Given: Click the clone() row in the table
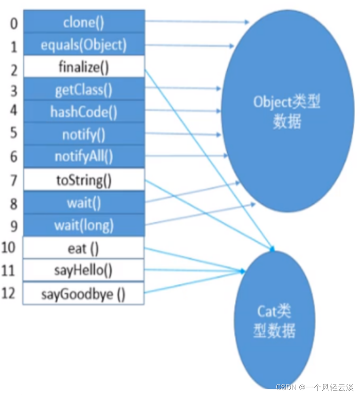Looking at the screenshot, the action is (84, 21).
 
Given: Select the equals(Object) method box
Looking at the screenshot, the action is (84, 44).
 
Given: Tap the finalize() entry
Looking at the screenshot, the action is (84, 66).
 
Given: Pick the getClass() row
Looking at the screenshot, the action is (84, 89).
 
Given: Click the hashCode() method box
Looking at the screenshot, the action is (84, 111).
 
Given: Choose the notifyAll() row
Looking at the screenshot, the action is (84, 156).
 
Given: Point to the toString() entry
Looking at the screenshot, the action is (84, 180).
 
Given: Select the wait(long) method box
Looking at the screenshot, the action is (84, 225).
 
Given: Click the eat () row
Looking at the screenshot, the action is (83, 247).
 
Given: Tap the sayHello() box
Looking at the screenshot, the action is (83, 270).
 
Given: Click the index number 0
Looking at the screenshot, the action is (14, 24).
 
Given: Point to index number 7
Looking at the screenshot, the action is (14, 180).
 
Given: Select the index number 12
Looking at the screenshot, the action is (8, 293).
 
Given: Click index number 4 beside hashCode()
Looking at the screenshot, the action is (14, 110).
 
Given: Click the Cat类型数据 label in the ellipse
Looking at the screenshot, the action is (274, 321).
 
